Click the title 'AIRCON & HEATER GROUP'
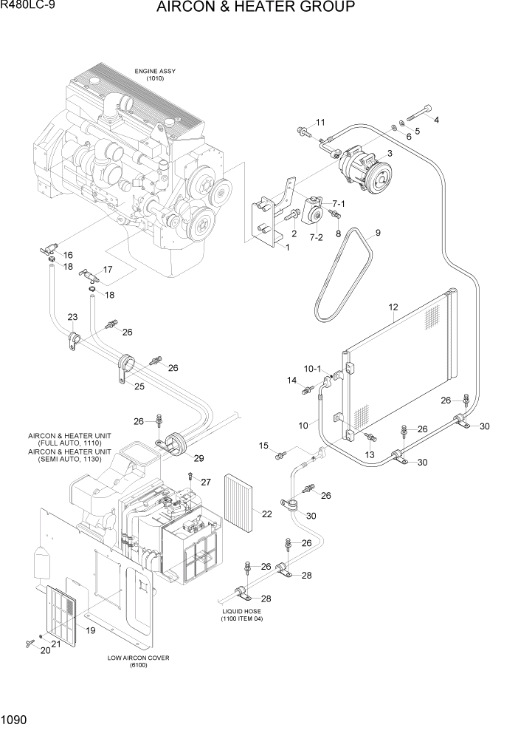pos(256,8)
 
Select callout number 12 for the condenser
pos(393,307)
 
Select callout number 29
pos(198,459)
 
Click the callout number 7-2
pos(316,237)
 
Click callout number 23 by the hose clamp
pos(72,317)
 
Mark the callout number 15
pos(263,446)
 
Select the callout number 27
pos(206,482)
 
